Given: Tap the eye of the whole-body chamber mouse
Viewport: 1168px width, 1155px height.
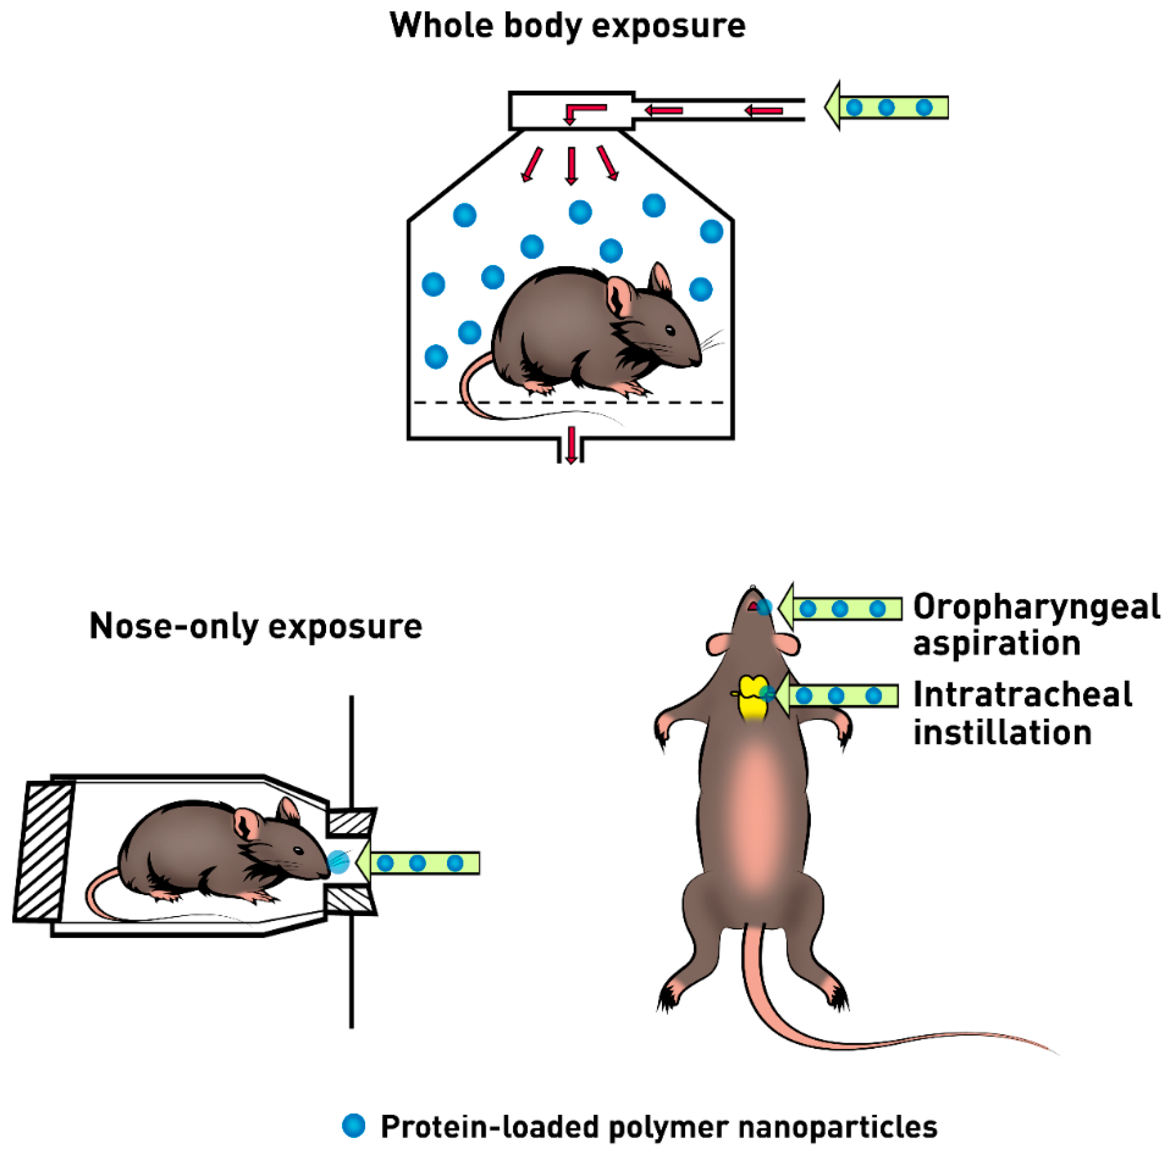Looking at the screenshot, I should pos(670,330).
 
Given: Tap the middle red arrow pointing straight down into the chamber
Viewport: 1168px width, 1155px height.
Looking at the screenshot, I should pos(571,164).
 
